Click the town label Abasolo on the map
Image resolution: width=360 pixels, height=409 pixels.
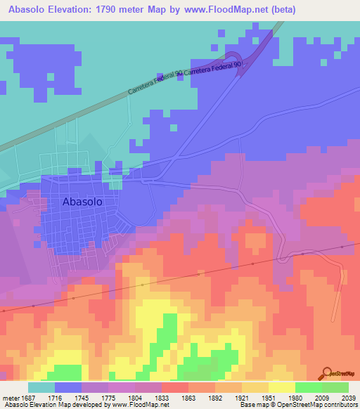pos(82,201)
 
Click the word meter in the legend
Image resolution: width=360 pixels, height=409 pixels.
pos(13,397)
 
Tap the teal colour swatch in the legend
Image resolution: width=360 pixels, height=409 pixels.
pos(41,387)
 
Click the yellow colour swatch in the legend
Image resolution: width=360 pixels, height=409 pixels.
pos(281,387)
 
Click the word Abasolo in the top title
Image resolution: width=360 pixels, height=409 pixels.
pos(30,10)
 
